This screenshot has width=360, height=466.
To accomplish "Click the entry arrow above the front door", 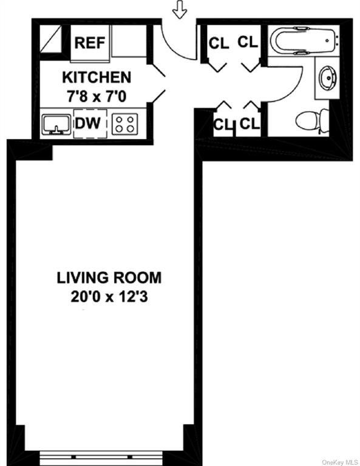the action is pyautogui.click(x=180, y=9).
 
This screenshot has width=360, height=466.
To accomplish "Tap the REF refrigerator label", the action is pyautogui.click(x=90, y=43).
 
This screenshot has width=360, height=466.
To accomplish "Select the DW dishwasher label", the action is pyautogui.click(x=87, y=123).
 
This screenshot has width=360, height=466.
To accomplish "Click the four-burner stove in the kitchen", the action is pyautogui.click(x=125, y=123).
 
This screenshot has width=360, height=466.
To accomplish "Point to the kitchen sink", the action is pyautogui.click(x=56, y=124).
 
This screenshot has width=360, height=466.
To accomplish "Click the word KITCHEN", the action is pyautogui.click(x=97, y=78).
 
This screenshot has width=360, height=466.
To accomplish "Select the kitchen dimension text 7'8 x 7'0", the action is pyautogui.click(x=97, y=96).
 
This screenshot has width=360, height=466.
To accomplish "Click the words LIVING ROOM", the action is pyautogui.click(x=109, y=277).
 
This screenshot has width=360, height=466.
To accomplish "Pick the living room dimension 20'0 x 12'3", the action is pyautogui.click(x=109, y=297).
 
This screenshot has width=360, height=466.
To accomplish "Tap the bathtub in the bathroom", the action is pyautogui.click(x=304, y=40).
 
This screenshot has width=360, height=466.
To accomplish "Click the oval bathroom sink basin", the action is pyautogui.click(x=328, y=78).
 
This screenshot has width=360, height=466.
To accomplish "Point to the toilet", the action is pyautogui.click(x=312, y=121).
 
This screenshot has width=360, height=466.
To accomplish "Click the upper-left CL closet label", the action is pyautogui.click(x=219, y=44).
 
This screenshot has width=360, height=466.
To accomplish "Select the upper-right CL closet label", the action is pyautogui.click(x=247, y=42).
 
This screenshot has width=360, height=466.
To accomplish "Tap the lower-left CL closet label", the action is pyautogui.click(x=223, y=124).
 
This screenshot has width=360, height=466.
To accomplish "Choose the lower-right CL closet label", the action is pyautogui.click(x=250, y=123).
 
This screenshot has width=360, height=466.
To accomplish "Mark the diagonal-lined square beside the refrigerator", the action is pyautogui.click(x=50, y=39).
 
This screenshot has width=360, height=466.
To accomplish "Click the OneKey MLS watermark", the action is pyautogui.click(x=340, y=462).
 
